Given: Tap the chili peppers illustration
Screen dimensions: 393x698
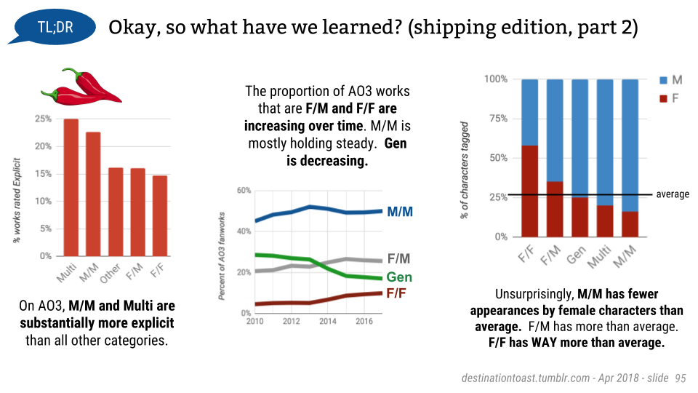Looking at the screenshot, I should pyautogui.click(x=81, y=87).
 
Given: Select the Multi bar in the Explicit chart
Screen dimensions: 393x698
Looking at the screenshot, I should pyautogui.click(x=71, y=187).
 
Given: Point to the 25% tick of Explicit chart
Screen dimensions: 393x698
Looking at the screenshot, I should pyautogui.click(x=42, y=119).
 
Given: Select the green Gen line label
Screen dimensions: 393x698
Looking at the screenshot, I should pyautogui.click(x=399, y=277).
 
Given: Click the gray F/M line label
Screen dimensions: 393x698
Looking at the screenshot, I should pyautogui.click(x=398, y=258).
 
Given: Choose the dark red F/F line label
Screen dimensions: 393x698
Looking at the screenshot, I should pyautogui.click(x=396, y=293).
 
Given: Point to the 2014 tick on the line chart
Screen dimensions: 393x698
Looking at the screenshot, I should pyautogui.click(x=329, y=321).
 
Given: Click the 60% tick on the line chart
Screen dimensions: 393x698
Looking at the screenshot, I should pyautogui.click(x=243, y=191).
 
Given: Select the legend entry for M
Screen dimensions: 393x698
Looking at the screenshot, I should pyautogui.click(x=669, y=79).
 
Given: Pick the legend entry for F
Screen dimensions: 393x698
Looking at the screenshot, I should pyautogui.click(x=668, y=98).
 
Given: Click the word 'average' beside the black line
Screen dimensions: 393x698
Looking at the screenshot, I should pyautogui.click(x=672, y=194).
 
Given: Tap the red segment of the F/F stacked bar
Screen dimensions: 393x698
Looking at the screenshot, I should pyautogui.click(x=529, y=191).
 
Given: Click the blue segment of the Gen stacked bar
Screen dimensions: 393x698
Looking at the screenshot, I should pyautogui.click(x=579, y=138).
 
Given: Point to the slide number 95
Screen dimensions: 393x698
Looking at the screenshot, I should pyautogui.click(x=681, y=378).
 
